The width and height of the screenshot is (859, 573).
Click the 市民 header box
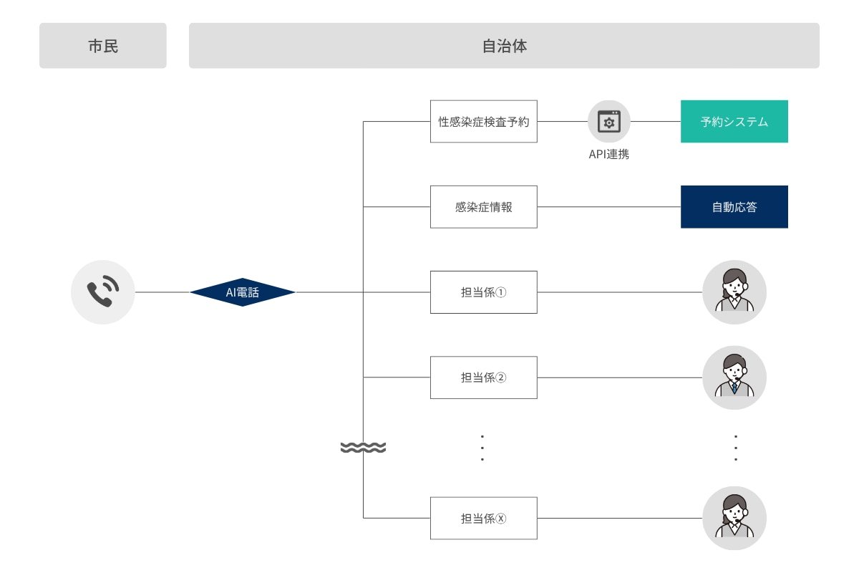click(x=102, y=46)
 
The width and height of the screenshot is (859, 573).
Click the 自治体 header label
click(x=504, y=46)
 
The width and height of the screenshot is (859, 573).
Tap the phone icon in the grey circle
click(x=103, y=292)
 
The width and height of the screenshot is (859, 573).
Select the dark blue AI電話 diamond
click(x=243, y=292)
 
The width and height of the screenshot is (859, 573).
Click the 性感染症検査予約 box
click(x=483, y=121)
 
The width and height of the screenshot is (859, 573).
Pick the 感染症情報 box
click(x=483, y=207)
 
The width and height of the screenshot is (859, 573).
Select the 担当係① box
click(x=483, y=292)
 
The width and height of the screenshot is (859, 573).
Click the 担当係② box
click(x=483, y=377)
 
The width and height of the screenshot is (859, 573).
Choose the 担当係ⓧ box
click(x=483, y=519)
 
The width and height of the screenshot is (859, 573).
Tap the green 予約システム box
click(x=734, y=121)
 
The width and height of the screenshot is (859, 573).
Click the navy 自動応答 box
click(x=734, y=207)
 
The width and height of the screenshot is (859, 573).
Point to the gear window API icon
click(x=609, y=121)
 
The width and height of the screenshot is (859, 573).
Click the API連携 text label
click(x=608, y=154)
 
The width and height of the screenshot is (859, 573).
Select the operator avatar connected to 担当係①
click(x=734, y=292)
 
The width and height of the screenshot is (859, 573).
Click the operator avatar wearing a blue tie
click(x=734, y=377)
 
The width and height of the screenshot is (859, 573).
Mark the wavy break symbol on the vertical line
click(x=363, y=448)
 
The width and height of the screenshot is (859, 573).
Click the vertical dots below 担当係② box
click(x=482, y=448)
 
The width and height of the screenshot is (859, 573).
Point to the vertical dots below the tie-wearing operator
click(x=735, y=448)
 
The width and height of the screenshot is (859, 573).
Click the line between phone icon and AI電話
click(x=162, y=292)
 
